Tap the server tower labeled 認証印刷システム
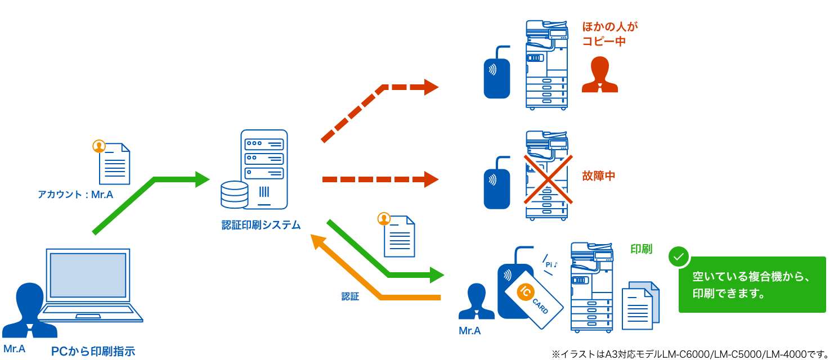(264, 169)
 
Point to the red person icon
(599, 75)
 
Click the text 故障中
(598, 175)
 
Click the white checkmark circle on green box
(679, 256)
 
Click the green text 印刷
(641, 249)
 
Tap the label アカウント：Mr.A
(75, 195)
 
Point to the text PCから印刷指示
(93, 352)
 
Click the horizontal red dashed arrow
(380, 179)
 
